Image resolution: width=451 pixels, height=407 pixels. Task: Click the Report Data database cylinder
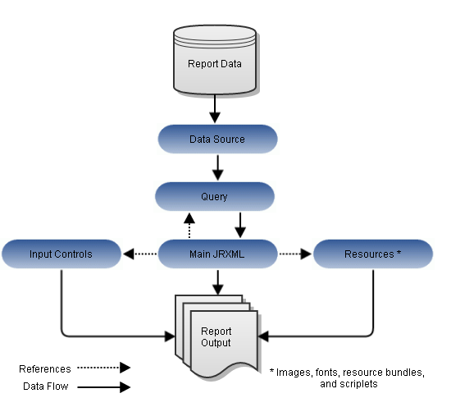point(215,60)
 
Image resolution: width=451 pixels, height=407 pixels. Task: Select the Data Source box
point(217,139)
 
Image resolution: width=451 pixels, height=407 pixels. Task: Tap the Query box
point(215,196)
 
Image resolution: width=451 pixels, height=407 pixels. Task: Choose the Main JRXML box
point(217,254)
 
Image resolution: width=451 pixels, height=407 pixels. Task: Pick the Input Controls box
point(61,254)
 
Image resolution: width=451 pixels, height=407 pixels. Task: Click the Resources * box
point(373,254)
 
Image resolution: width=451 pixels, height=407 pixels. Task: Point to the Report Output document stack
point(216,336)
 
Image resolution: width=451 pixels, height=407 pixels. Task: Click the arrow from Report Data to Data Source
point(215,109)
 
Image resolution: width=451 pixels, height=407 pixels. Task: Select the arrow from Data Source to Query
point(218,168)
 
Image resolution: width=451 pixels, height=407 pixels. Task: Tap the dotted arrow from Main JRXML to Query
point(189,226)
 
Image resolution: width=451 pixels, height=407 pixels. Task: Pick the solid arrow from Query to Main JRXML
point(240,226)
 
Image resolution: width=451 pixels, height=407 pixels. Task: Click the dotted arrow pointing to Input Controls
point(140,254)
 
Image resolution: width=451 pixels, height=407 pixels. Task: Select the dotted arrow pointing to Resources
point(295,254)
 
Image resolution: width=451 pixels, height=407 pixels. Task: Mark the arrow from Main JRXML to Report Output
point(218,282)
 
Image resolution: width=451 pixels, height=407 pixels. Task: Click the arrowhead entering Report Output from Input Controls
point(170,336)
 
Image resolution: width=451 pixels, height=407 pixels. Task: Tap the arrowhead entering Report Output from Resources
point(263,336)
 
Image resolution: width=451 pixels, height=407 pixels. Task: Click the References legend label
point(45,369)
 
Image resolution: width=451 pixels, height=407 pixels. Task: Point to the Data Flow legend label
point(46,386)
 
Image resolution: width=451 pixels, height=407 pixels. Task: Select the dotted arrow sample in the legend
point(104,368)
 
